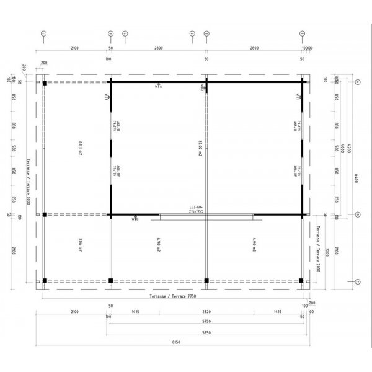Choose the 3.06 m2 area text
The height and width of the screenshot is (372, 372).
[x=81, y=246]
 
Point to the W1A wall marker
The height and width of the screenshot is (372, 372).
[x=158, y=87]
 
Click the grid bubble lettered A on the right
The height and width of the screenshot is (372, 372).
[x=358, y=82]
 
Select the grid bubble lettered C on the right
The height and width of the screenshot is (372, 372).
[x=358, y=281]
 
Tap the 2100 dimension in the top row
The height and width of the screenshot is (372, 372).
[x=74, y=47]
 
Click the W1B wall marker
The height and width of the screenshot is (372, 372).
[x=135, y=219]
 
